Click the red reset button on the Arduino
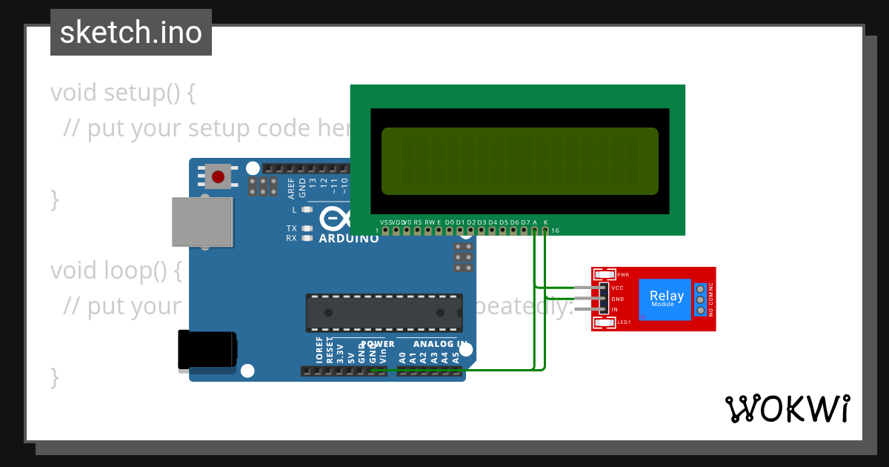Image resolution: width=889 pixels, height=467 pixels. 218,176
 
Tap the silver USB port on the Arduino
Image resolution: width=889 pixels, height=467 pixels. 202,222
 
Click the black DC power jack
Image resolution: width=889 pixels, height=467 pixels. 207,350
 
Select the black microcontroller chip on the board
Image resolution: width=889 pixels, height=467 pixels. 384,313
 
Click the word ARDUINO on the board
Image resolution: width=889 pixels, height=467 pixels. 348,239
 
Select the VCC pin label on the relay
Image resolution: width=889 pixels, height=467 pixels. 617,287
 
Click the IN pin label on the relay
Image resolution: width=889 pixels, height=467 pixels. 615,309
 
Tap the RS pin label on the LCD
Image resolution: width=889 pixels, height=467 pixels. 417,222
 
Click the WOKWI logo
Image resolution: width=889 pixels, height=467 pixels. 787,408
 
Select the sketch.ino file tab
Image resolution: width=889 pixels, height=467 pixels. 131,33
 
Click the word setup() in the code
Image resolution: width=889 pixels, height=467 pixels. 140,93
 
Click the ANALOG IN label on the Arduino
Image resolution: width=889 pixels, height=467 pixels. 440,344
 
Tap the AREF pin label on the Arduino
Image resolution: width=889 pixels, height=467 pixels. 291,188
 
